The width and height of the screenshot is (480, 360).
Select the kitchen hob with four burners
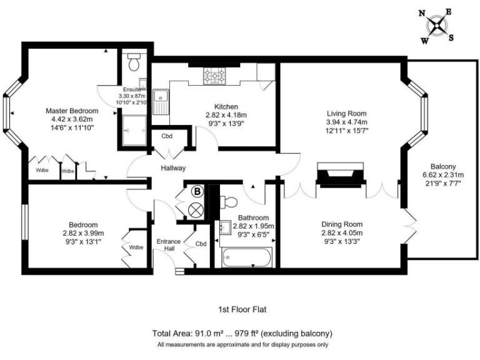point(214,77)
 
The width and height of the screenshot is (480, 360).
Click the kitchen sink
point(160,97)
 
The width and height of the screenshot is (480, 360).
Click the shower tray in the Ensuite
point(132,130)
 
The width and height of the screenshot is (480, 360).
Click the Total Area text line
point(241,333)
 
